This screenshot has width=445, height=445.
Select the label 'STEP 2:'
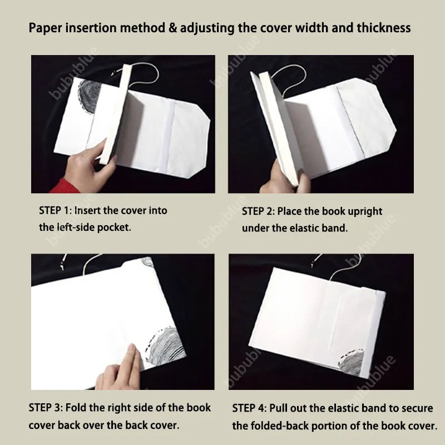258,211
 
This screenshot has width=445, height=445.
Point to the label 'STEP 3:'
46,408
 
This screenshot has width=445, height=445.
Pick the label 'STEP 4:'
249,408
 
